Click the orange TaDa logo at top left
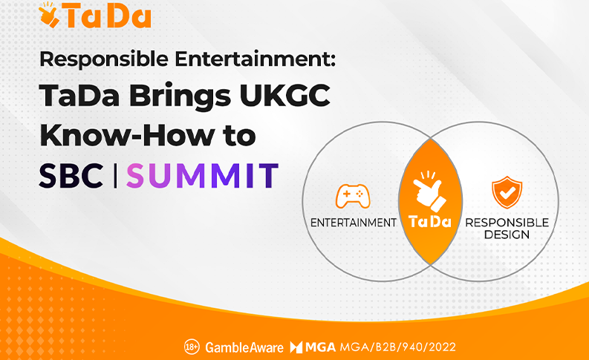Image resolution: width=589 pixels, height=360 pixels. coord(95,15)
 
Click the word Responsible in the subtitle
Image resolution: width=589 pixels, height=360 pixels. coord(104,59)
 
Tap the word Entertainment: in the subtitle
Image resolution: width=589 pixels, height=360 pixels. coord(255,59)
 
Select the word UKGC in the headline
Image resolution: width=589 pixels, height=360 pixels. coord(284,95)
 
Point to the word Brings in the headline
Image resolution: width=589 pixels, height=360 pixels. coord(180,97)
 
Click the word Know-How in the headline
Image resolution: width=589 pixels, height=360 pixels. coord(127,135)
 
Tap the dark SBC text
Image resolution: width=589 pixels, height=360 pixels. coord(71,176)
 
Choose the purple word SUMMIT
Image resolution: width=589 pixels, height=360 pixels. coord(203,175)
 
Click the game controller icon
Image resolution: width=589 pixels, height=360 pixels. coord(353,196)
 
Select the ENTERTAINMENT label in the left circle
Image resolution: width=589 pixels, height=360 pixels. coord(353,223)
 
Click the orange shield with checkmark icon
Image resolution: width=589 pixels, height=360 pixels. coord(507,192)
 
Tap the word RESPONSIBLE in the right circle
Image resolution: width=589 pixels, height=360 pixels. coord(507,223)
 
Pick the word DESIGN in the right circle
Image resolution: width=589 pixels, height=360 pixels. coord(507,235)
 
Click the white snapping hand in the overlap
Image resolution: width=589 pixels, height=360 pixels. coord(429,192)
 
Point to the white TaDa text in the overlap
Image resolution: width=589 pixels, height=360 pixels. coord(430,221)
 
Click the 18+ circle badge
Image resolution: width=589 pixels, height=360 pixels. coord(192,347)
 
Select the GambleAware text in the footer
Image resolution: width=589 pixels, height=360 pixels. coord(244,347)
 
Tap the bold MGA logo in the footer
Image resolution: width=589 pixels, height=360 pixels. coord(313,347)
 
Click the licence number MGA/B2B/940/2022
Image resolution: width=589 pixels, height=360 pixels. coord(398,347)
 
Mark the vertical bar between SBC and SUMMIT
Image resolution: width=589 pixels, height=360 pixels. coord(115,175)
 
